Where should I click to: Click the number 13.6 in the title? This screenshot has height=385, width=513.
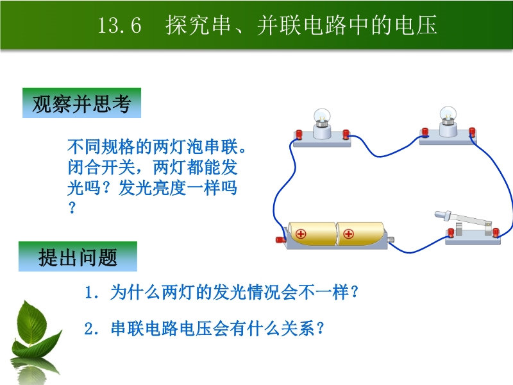[119, 25]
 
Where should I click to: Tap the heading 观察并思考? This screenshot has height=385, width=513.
[81, 103]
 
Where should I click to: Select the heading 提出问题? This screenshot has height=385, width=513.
[78, 257]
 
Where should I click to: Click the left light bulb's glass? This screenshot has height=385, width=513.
[322, 117]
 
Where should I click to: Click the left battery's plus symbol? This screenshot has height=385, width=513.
[301, 234]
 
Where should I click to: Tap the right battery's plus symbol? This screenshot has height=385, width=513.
[348, 234]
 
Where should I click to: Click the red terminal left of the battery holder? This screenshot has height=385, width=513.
[280, 239]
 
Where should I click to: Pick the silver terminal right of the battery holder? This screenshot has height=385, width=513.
[391, 240]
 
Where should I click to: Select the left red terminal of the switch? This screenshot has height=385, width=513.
[451, 233]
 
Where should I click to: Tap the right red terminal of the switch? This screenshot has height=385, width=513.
[496, 232]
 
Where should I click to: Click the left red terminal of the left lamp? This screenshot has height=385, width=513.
[299, 134]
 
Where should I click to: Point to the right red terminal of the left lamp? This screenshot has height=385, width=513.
[346, 134]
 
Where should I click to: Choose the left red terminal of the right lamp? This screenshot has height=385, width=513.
[425, 132]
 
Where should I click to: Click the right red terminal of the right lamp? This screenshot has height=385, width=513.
[472, 132]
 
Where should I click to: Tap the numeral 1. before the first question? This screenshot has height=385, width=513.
[92, 292]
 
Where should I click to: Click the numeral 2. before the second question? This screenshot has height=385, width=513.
[92, 329]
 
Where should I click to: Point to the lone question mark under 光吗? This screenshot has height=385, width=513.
[72, 207]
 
